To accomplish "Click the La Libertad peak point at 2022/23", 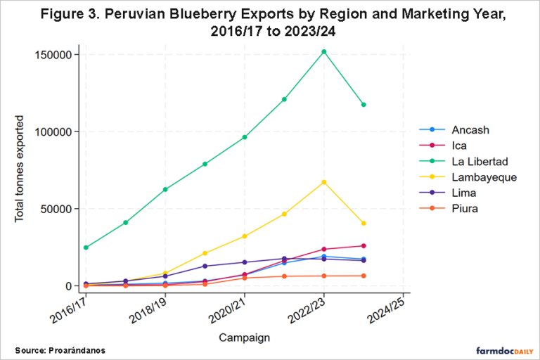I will (x=324, y=51).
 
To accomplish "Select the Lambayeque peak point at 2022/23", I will (x=324, y=182).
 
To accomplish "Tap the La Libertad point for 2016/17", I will (x=86, y=247).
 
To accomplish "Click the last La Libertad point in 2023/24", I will (x=364, y=105).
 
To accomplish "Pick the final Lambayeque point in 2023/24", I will (x=364, y=224).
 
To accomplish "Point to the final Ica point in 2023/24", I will (x=364, y=246).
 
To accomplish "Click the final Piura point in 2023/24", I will (x=364, y=276).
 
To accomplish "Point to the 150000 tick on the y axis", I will (x=57, y=55).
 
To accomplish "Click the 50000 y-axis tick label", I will (x=60, y=209).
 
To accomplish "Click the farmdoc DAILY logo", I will (x=496, y=349).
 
